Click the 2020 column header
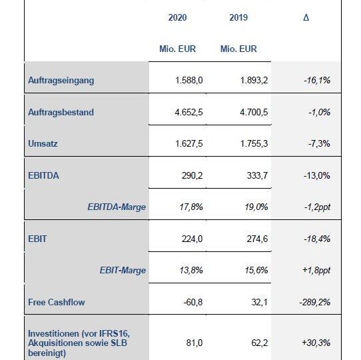click(177, 17)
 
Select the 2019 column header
click(238, 17)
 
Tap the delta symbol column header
click(306, 17)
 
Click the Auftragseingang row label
click(61, 81)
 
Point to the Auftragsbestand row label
click(61, 112)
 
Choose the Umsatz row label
click(43, 143)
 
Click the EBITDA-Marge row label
click(117, 207)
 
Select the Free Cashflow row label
click(57, 302)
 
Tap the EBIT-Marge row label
click(123, 270)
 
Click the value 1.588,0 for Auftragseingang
click(189, 80)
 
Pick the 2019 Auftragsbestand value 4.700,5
click(254, 112)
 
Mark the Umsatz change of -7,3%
click(319, 143)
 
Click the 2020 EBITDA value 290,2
click(192, 175)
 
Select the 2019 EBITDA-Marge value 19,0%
click(256, 207)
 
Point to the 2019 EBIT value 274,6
click(257, 239)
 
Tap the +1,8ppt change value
click(316, 270)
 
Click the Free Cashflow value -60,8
click(193, 302)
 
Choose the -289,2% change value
click(315, 302)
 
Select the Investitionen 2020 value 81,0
click(194, 343)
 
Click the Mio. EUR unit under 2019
click(238, 49)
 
